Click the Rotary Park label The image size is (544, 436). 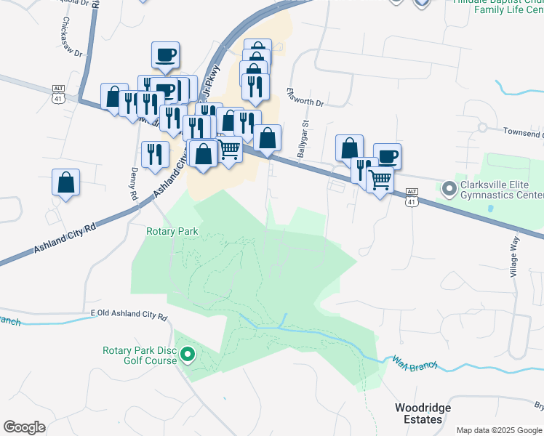tap(172, 232)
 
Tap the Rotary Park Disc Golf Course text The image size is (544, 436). tap(139, 355)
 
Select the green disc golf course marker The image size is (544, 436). tap(188, 355)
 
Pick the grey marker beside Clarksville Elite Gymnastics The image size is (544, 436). tap(448, 190)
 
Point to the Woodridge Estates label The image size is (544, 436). tap(423, 413)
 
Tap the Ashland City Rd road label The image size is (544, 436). tap(65, 239)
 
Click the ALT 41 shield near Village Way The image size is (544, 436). tap(412, 200)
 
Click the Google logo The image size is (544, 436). tap(25, 427)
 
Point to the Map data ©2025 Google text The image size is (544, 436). tap(500, 429)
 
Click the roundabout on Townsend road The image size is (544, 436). tap(481, 127)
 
